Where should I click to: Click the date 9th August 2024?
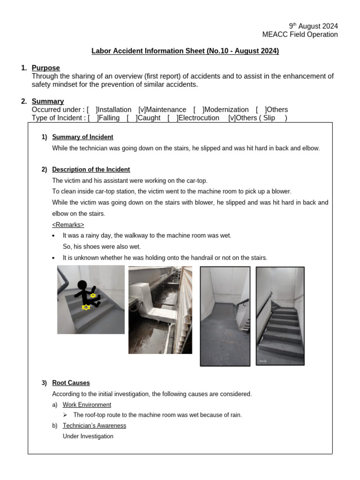tap(313, 26)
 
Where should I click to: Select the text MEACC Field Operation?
tap(300, 35)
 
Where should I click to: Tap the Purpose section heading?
tap(46, 68)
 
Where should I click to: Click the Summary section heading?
tap(48, 101)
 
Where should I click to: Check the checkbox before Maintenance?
tap(142, 110)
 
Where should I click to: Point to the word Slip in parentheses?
tap(269, 118)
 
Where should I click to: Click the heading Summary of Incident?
tap(82, 137)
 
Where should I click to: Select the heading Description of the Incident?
tap(91, 169)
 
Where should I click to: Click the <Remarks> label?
tap(68, 225)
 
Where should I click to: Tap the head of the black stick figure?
tap(82, 286)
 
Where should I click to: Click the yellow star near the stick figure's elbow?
tap(93, 296)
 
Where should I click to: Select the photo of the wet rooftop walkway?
tap(160, 310)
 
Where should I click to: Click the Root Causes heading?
tap(71, 383)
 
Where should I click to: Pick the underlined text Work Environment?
tap(87, 405)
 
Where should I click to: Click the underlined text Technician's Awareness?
tap(94, 426)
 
